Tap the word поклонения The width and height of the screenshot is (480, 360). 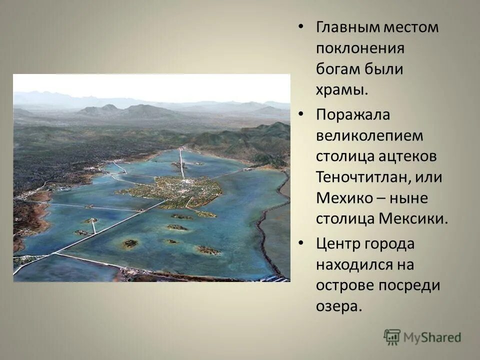point(359,48)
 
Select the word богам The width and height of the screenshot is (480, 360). point(337,69)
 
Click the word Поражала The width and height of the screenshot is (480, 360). point(352,114)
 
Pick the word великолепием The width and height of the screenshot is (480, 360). point(369,135)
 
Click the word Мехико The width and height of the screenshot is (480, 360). point(344,198)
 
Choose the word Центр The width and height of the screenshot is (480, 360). point(339,243)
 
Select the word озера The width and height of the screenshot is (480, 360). point(338,306)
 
